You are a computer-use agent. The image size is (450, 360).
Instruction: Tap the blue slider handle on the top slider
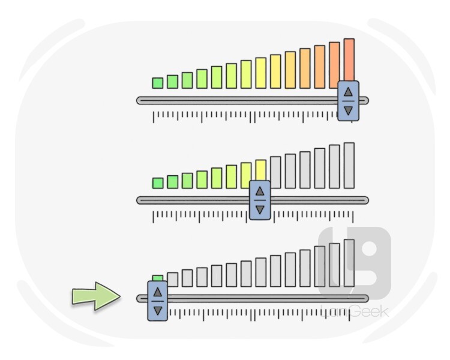348,101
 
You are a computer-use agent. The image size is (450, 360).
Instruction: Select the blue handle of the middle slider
260,200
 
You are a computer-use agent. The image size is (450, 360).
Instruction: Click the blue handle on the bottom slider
157,301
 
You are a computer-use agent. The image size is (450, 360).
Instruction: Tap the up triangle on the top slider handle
348,91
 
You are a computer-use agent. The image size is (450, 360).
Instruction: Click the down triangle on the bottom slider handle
157,311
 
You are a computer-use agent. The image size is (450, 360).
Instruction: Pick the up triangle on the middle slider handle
260,191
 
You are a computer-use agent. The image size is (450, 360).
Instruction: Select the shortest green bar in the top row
158,83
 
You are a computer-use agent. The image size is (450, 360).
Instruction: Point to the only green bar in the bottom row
158,278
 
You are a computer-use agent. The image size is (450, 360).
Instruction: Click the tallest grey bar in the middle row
349,166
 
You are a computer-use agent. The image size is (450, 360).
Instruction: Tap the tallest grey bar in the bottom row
349,263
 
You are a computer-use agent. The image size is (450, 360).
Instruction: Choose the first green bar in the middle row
158,182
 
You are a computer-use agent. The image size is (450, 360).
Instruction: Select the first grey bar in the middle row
275,172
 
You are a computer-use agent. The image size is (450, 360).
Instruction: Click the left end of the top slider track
140,100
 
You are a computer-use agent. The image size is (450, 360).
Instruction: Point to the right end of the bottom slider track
365,298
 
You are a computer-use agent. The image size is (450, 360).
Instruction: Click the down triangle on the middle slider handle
260,210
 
